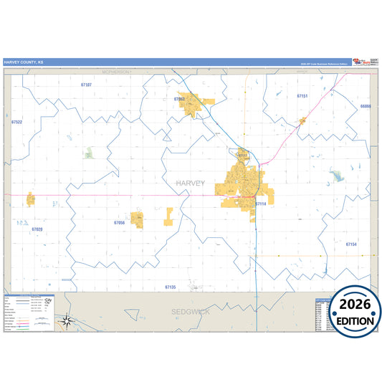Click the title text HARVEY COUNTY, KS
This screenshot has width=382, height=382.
tap(23, 62)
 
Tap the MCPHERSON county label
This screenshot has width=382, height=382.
tap(115, 72)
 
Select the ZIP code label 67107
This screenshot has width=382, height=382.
tap(86, 85)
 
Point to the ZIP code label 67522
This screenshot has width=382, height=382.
tap(17, 122)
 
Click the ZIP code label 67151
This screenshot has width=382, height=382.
tap(302, 95)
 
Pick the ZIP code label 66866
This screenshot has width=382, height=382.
tap(366, 106)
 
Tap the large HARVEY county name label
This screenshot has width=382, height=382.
tap(190, 183)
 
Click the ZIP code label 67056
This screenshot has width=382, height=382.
tap(119, 223)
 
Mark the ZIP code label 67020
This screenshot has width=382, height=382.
tap(37, 229)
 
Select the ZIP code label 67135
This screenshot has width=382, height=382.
tap(170, 287)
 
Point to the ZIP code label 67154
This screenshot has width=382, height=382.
tap(350, 244)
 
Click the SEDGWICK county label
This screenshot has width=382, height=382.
tap(190, 312)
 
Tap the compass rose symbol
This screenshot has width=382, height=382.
tap(66, 321)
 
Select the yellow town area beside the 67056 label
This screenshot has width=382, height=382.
tap(137, 219)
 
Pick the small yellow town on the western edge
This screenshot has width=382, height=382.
tap(31, 199)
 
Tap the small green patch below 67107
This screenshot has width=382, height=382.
tap(88, 153)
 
